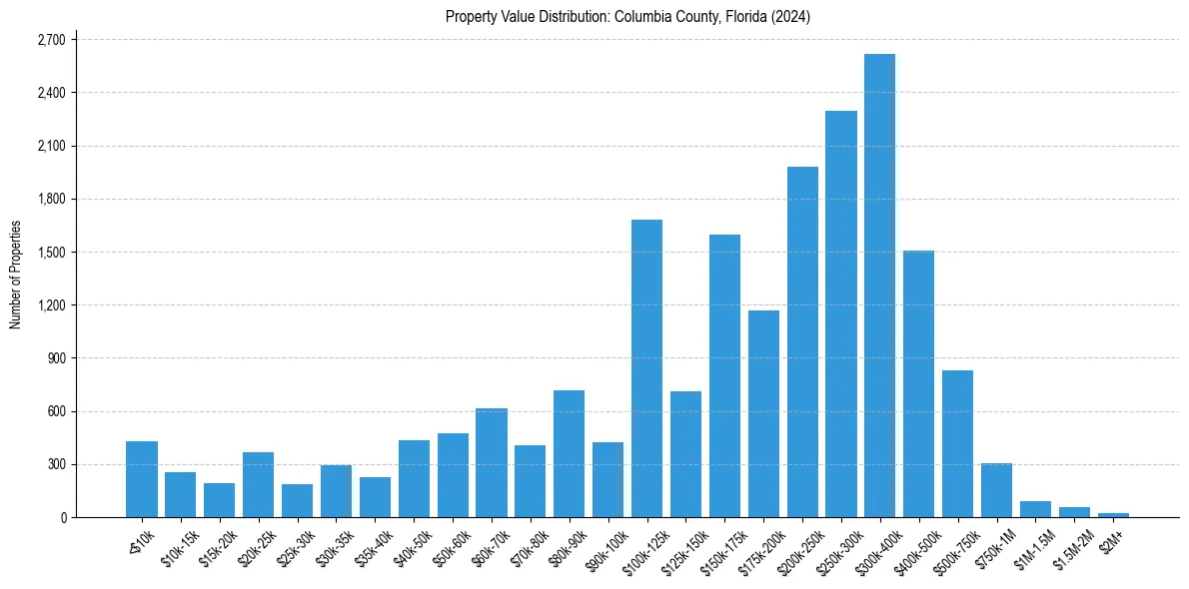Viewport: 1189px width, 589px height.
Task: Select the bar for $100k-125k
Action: point(646,368)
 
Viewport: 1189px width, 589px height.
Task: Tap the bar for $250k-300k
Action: point(840,313)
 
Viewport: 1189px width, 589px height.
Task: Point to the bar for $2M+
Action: point(1113,515)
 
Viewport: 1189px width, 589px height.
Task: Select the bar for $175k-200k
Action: point(763,413)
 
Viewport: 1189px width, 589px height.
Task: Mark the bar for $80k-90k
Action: point(569,453)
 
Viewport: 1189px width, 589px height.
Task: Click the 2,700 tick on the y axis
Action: point(50,40)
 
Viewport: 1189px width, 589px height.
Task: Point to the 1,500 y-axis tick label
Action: point(50,253)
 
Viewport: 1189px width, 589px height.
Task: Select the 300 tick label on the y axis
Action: point(55,464)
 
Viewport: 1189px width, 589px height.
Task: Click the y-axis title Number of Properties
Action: point(15,275)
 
